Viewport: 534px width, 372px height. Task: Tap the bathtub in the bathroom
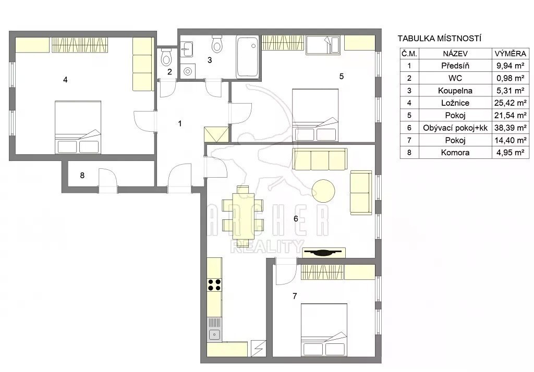click(x=248, y=57)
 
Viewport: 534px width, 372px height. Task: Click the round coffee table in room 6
click(x=323, y=191)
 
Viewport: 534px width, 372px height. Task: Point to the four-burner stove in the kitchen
click(x=214, y=284)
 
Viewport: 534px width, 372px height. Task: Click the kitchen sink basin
click(x=214, y=334)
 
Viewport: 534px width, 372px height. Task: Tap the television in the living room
click(x=323, y=252)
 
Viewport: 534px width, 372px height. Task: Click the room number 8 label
click(x=82, y=175)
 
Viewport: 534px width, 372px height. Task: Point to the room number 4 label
click(x=65, y=80)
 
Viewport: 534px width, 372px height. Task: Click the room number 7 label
click(x=295, y=296)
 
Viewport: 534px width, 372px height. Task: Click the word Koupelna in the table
click(x=455, y=91)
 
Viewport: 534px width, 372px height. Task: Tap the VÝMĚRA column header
click(x=511, y=54)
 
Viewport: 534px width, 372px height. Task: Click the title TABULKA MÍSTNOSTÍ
click(x=439, y=38)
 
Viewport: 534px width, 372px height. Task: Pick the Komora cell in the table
click(x=455, y=153)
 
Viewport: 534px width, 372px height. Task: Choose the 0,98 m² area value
click(x=511, y=78)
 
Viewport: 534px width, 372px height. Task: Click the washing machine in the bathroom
click(x=188, y=71)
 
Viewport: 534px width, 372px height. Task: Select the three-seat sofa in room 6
click(x=320, y=159)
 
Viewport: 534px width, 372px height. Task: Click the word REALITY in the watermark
click(x=268, y=246)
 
